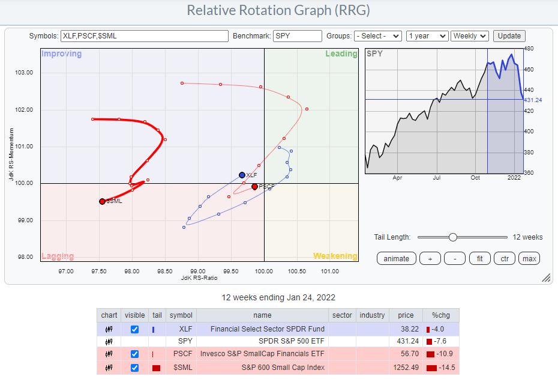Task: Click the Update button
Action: (509, 36)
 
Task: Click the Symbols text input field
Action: (144, 36)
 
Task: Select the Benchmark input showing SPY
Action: (297, 36)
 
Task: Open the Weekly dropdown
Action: (470, 36)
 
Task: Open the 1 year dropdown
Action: (426, 36)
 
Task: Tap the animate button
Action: (396, 258)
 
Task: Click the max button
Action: (529, 258)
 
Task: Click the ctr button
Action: (505, 258)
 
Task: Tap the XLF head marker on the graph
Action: (242, 175)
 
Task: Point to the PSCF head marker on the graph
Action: (254, 187)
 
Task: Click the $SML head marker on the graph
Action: (102, 201)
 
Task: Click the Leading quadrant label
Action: (341, 54)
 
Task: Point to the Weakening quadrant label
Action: (335, 256)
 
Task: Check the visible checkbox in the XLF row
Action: (134, 329)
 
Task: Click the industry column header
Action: (372, 315)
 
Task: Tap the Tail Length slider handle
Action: (453, 237)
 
